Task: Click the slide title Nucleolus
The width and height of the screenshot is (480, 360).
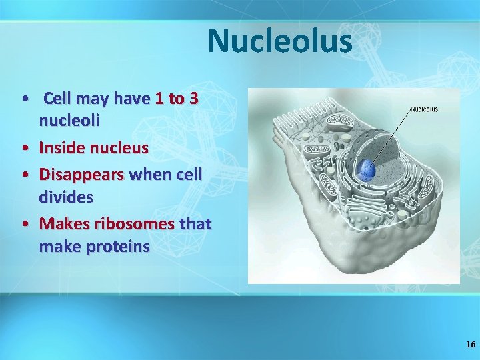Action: [279, 41]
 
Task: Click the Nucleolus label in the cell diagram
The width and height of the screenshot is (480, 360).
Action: [424, 109]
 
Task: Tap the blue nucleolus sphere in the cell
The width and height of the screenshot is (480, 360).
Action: [367, 170]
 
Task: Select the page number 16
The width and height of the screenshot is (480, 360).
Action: [471, 345]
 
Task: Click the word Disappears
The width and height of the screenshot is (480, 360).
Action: [81, 175]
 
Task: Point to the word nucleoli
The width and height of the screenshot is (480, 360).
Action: [69, 121]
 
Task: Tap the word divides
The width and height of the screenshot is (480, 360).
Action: [66, 197]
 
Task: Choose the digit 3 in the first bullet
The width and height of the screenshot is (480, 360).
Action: [193, 99]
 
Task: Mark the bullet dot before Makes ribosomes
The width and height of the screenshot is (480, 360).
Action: [25, 225]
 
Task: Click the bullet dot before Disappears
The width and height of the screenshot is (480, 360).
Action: [25, 175]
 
